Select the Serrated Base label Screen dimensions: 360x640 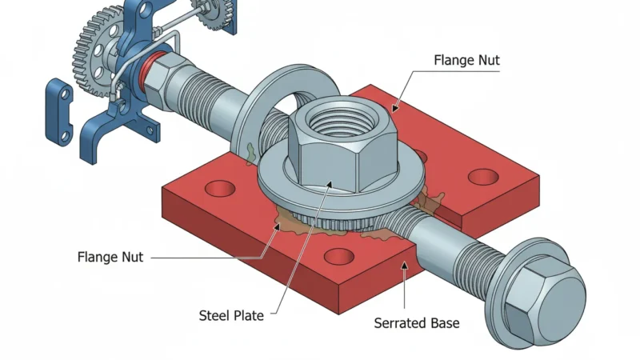point(417,324)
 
